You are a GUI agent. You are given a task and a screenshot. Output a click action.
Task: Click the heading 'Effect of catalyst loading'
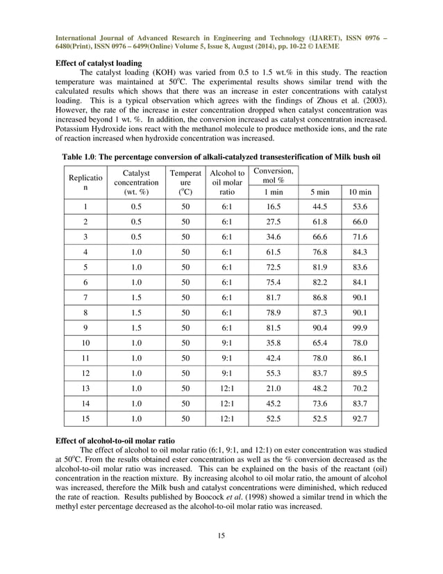click(98, 63)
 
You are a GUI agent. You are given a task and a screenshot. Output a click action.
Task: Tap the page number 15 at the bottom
click(221, 534)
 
